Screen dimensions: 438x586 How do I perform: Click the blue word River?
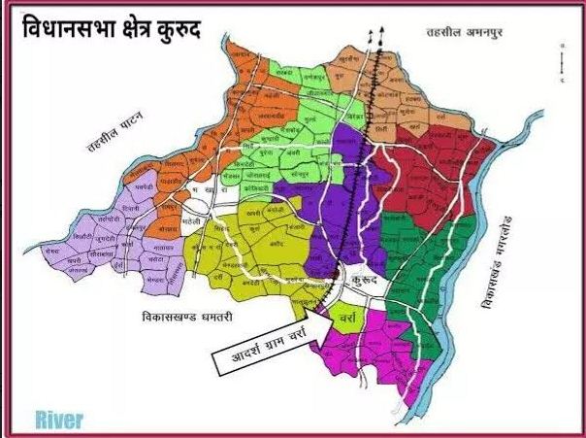click(58, 420)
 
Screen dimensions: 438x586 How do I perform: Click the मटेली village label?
click(191, 221)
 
